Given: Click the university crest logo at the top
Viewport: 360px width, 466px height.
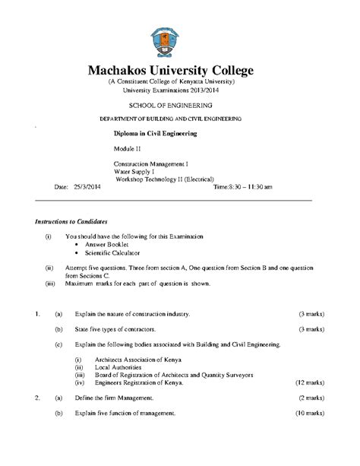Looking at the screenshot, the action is click(x=181, y=39).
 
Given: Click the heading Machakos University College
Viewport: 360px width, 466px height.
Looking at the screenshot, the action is click(x=180, y=71).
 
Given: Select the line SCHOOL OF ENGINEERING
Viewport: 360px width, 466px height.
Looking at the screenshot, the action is click(x=180, y=104).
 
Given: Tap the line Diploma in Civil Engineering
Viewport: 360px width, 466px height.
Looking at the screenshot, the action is click(x=155, y=133).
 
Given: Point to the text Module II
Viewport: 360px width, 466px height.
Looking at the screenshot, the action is click(x=127, y=148).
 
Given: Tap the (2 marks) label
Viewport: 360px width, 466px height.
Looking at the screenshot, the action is click(x=311, y=398).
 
